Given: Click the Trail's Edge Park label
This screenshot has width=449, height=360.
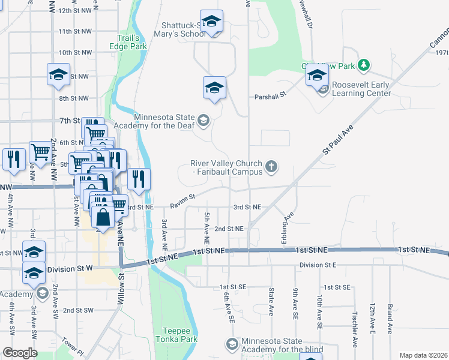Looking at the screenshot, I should (131, 41).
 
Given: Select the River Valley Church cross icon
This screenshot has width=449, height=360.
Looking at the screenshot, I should (271, 166).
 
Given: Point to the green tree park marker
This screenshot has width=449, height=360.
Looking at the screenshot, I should (363, 64).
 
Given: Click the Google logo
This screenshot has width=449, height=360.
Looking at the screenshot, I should (20, 353).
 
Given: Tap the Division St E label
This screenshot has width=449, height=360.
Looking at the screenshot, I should (318, 265).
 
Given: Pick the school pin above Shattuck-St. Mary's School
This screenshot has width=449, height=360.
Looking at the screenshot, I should (211, 22).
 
